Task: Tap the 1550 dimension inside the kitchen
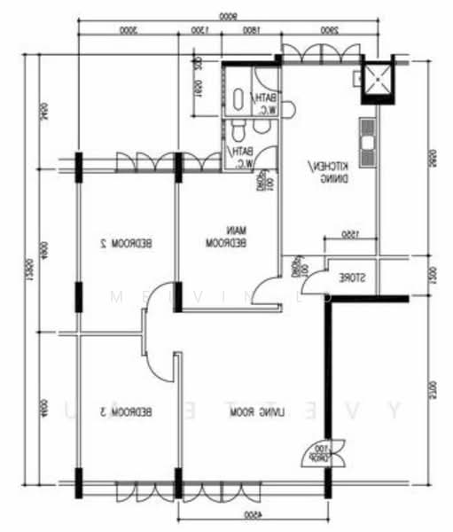(350, 234)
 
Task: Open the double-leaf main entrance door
(316, 453)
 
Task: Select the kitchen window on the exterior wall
(320, 54)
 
